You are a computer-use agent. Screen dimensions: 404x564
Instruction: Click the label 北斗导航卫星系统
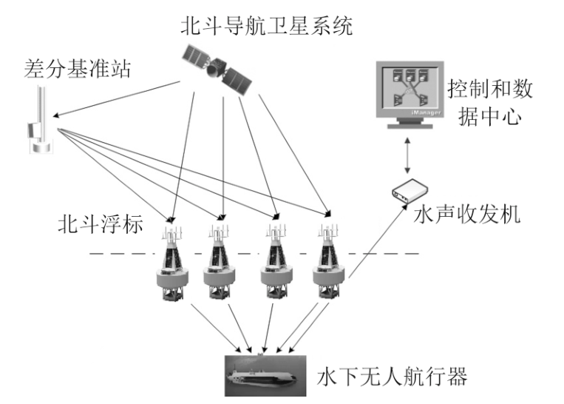tap(267, 27)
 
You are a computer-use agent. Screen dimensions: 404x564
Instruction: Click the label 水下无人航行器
tap(392, 377)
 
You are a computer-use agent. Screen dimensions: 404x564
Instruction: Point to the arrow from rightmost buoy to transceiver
tap(373, 248)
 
